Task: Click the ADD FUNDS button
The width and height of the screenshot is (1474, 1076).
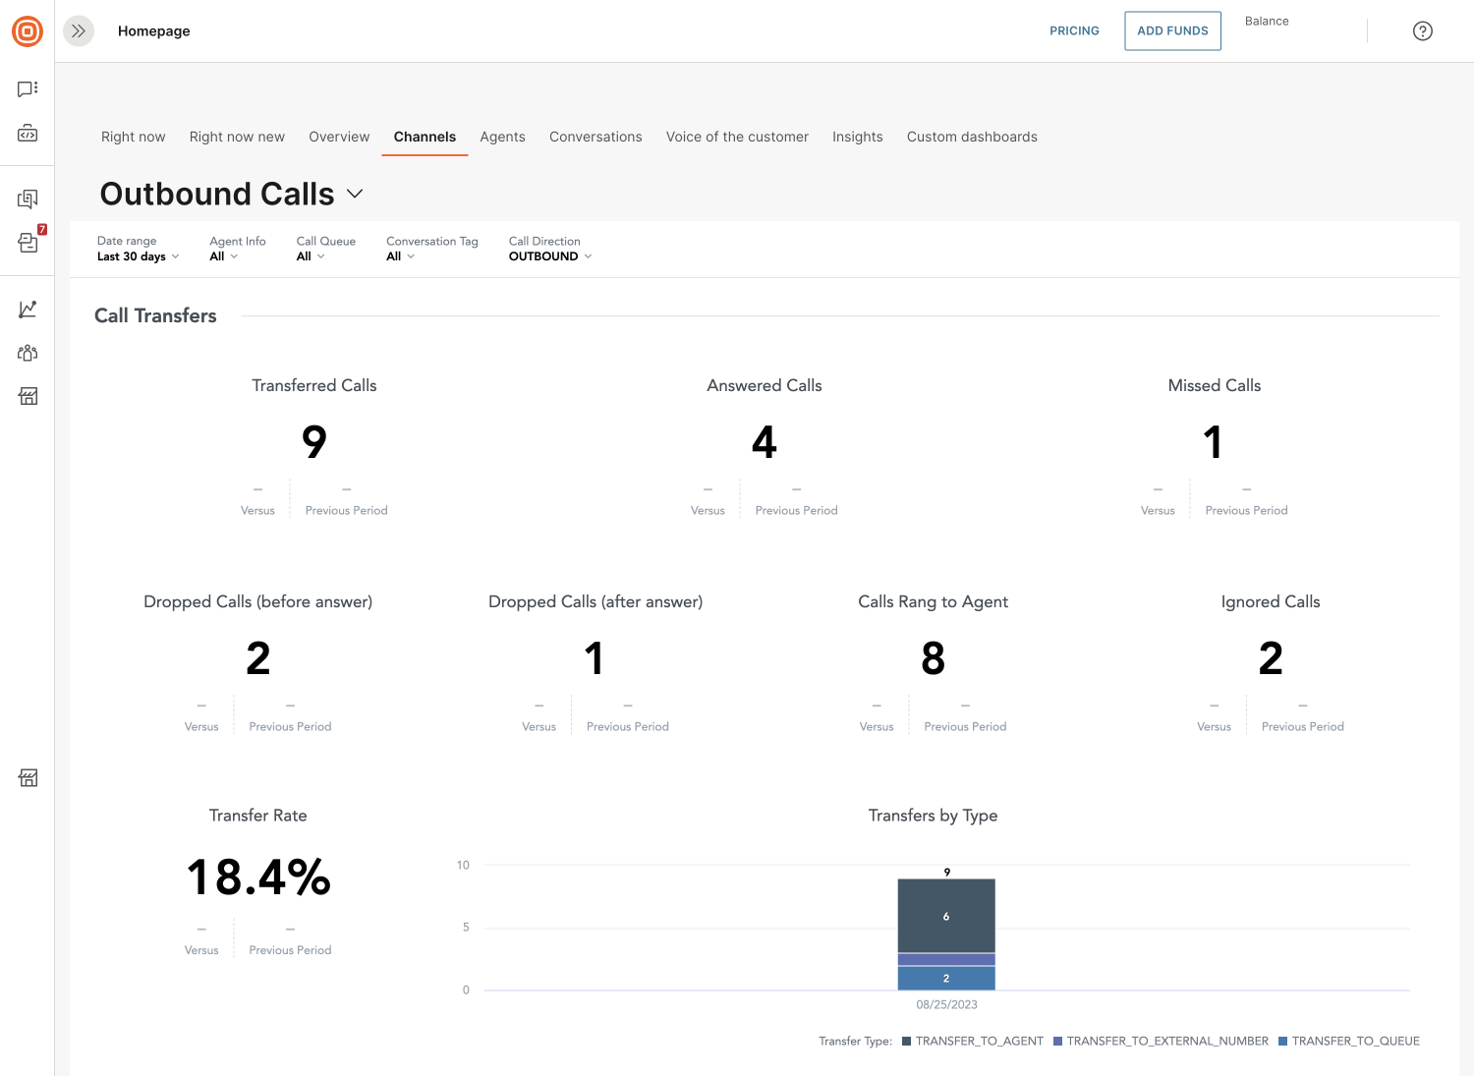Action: pyautogui.click(x=1172, y=30)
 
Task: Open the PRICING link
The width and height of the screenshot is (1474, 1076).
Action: pyautogui.click(x=1074, y=30)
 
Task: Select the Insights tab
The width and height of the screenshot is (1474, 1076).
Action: pyautogui.click(x=858, y=137)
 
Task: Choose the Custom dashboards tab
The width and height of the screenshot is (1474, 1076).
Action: pyautogui.click(x=972, y=137)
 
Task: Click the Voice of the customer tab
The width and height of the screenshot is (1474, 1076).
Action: pyautogui.click(x=737, y=137)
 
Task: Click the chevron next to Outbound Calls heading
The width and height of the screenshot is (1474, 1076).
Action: pyautogui.click(x=355, y=194)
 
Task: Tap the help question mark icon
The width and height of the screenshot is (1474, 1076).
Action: pyautogui.click(x=1422, y=30)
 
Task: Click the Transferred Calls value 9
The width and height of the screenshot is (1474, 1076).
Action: pyautogui.click(x=313, y=441)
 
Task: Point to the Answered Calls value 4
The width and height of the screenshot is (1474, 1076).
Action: pyautogui.click(x=764, y=441)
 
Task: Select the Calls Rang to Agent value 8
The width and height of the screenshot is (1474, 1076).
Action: pyautogui.click(x=933, y=658)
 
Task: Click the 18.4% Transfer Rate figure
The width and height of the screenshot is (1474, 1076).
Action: pyautogui.click(x=257, y=878)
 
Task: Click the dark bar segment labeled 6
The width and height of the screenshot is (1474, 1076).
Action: pyautogui.click(x=946, y=916)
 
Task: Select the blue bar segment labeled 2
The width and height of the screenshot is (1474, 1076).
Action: pyautogui.click(x=946, y=978)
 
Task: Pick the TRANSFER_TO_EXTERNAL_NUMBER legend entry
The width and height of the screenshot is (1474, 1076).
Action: pyautogui.click(x=1161, y=1042)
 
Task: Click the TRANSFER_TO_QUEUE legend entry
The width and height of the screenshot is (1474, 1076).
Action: pyautogui.click(x=1349, y=1042)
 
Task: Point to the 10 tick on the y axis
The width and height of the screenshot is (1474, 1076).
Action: pyautogui.click(x=463, y=865)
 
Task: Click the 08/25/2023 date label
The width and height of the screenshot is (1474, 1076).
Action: pyautogui.click(x=946, y=1004)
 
